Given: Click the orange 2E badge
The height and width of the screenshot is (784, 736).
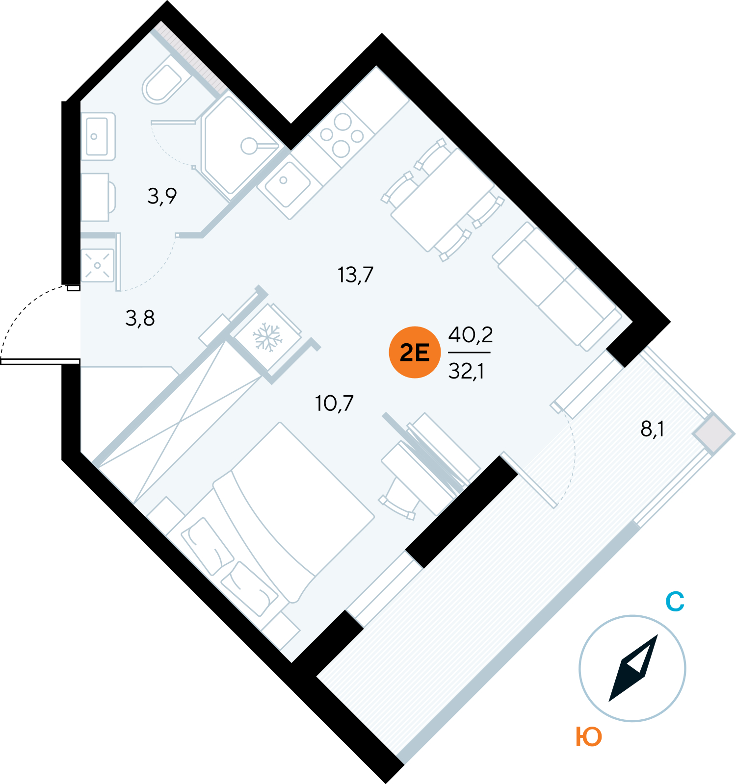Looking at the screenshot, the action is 415,352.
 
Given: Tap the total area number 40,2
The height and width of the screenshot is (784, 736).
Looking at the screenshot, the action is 470,335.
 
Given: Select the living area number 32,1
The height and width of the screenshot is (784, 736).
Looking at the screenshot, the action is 466,371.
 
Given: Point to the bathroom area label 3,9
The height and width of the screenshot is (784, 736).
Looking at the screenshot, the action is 162,196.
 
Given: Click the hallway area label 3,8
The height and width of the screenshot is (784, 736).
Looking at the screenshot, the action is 140,318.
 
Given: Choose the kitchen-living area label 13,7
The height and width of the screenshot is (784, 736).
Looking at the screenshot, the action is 356,275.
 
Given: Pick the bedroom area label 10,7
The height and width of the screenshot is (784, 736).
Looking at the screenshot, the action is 334,403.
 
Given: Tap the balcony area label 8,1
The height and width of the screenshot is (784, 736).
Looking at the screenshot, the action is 653,429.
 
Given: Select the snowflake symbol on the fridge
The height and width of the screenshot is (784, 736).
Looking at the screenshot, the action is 267,337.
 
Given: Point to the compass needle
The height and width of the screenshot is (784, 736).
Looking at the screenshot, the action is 633,668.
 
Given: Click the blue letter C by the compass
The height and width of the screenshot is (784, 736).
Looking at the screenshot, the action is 675,602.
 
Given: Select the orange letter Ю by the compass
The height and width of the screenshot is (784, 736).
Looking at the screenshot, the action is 589,736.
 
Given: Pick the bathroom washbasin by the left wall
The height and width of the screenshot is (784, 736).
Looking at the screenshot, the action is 98,136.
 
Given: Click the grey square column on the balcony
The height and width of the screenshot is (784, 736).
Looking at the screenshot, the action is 713,434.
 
